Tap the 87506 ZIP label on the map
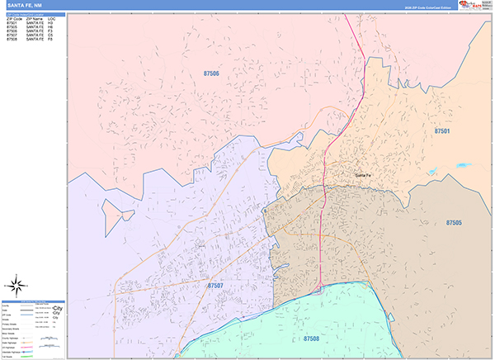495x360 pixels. click(x=211, y=73)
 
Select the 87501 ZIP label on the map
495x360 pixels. click(x=443, y=131)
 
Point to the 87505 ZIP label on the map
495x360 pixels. click(x=455, y=223)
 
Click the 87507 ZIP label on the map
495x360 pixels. click(x=215, y=286)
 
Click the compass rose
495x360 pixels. click(x=16, y=287)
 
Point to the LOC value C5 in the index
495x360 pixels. click(x=50, y=35)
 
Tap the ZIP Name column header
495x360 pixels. click(x=35, y=18)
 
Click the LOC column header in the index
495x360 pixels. click(x=51, y=18)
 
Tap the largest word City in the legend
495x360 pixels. click(x=57, y=307)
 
